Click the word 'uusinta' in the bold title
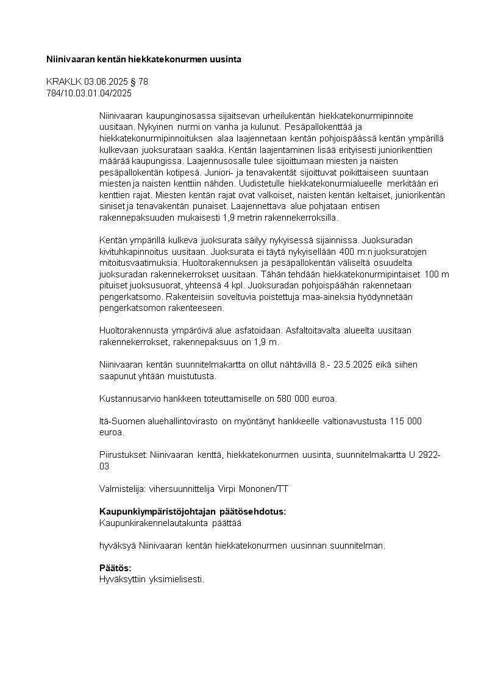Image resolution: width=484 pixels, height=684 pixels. (x=226, y=60)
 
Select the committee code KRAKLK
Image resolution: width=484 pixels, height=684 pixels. (x=60, y=82)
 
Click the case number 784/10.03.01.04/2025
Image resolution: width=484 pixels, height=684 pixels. (x=89, y=93)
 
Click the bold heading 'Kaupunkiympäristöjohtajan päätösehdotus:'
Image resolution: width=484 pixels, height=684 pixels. (x=193, y=511)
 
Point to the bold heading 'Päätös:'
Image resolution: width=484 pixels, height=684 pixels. (x=115, y=568)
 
